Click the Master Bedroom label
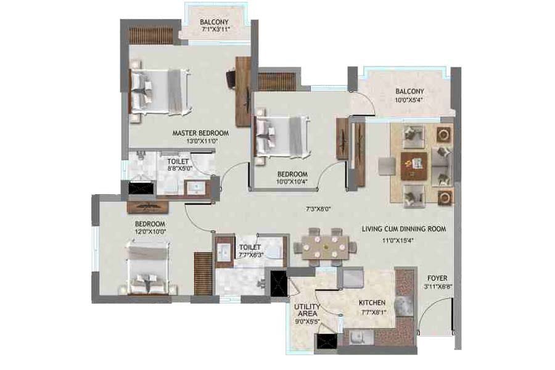(x=200, y=133)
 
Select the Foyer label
(x=437, y=278)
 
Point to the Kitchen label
(x=372, y=303)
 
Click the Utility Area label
(x=307, y=310)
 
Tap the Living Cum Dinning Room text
(x=404, y=229)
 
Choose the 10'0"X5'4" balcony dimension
(x=409, y=100)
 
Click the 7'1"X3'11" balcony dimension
(x=216, y=30)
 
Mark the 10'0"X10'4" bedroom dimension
(x=292, y=182)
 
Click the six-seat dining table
(x=325, y=247)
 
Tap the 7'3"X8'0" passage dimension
(x=318, y=209)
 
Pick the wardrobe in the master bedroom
(x=150, y=36)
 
